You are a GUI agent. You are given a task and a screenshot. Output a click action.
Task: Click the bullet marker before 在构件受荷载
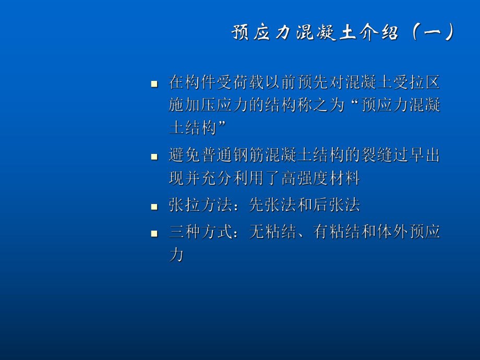coord(154,83)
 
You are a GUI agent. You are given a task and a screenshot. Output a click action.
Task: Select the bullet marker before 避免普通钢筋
coord(154,156)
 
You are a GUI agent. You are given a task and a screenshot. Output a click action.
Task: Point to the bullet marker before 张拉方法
coord(154,206)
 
